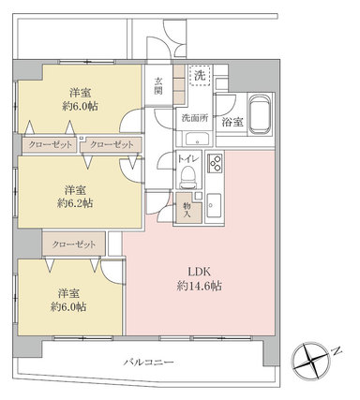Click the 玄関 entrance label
click(x=158, y=86)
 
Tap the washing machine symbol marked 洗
click(x=201, y=76)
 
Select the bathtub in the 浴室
click(x=259, y=114)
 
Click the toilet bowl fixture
click(x=188, y=177)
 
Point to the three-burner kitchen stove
click(x=215, y=162)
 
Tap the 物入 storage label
click(x=187, y=210)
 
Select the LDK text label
click(x=199, y=272)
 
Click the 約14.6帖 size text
click(x=200, y=286)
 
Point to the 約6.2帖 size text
click(x=75, y=203)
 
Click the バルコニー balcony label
click(x=148, y=363)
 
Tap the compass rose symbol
click(x=311, y=361)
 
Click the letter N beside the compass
click(x=337, y=351)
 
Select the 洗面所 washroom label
click(x=195, y=118)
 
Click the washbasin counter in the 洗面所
click(x=197, y=139)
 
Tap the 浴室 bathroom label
click(x=232, y=122)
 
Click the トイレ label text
click(x=188, y=158)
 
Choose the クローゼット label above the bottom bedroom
click(x=74, y=244)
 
